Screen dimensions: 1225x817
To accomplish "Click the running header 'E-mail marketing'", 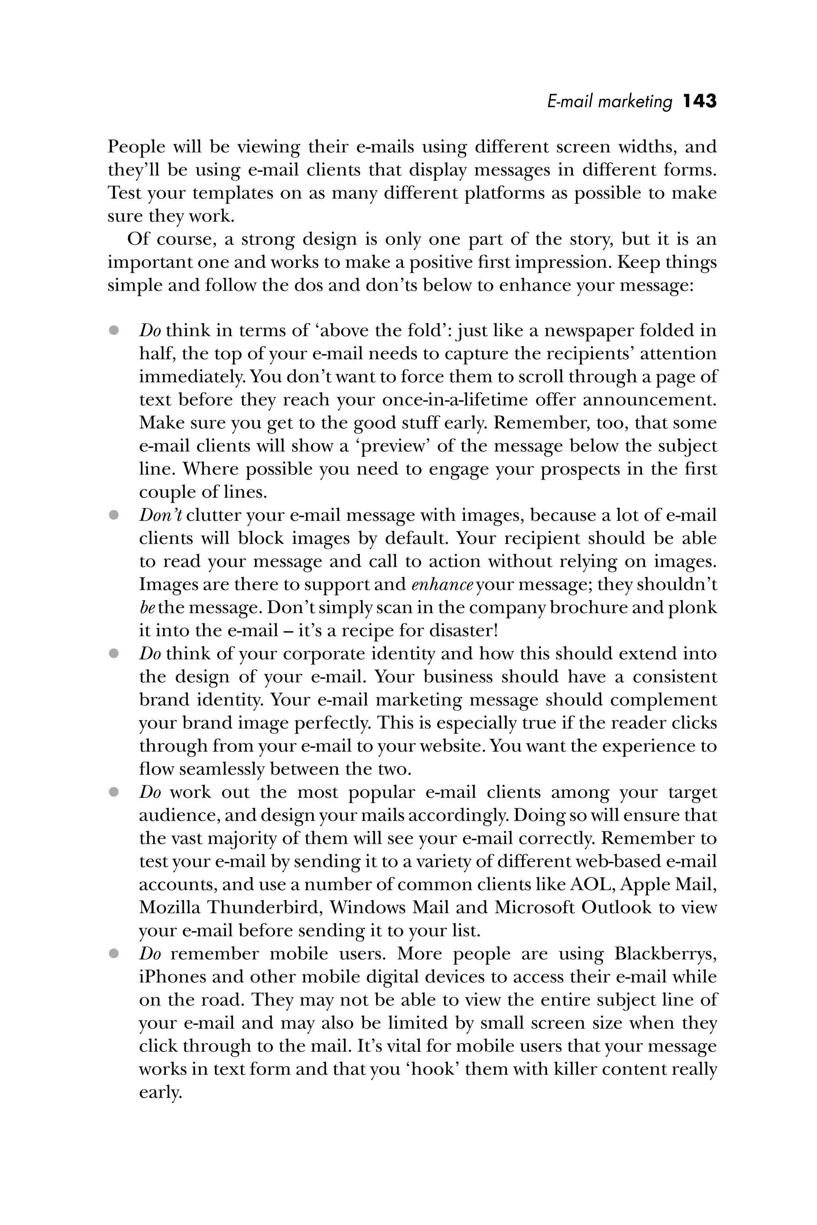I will [610, 102].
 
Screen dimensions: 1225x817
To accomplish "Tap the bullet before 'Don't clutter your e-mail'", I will [114, 515].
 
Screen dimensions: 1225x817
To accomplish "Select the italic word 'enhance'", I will [442, 584].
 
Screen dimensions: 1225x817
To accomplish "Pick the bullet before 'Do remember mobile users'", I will [114, 954].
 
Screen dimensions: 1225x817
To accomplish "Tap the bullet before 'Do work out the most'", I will [114, 792].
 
